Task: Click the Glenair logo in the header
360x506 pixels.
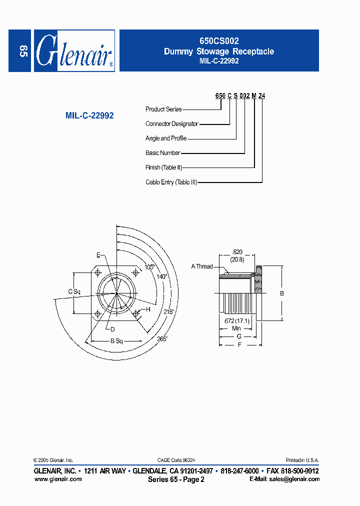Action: point(74,51)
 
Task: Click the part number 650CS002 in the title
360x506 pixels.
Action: point(218,42)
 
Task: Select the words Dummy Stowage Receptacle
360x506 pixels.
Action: point(218,51)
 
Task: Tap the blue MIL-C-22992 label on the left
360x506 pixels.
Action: point(89,115)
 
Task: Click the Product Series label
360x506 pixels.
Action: point(163,109)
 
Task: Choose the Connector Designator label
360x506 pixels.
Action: point(172,123)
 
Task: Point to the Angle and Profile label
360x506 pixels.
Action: point(166,138)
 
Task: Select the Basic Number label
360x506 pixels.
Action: point(162,153)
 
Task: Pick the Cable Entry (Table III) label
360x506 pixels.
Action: point(171,182)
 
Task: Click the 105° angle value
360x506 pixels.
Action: point(149,267)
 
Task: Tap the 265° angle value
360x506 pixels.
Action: point(162,338)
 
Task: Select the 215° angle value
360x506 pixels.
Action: point(168,311)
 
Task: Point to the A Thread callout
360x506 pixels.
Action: point(202,266)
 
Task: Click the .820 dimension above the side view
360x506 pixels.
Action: point(237,252)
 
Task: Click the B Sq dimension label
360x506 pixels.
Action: point(116,341)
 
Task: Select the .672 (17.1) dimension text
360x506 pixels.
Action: point(236,320)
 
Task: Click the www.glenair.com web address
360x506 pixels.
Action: point(57,479)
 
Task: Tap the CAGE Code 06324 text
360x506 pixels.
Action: point(176,460)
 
